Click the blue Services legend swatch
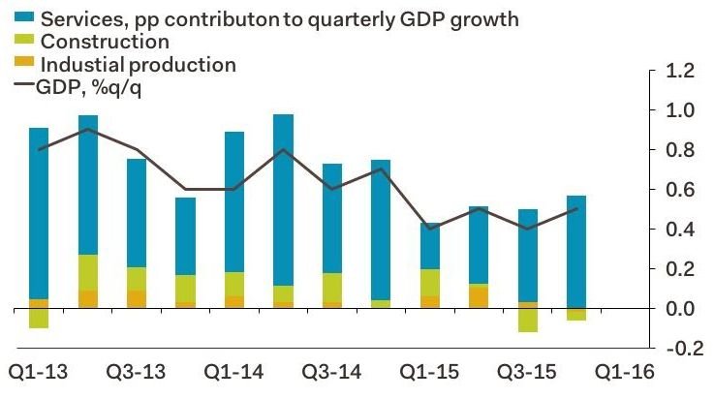click(x=20, y=18)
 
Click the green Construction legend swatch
click(x=20, y=42)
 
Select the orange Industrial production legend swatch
click(x=20, y=64)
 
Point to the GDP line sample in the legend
click(x=20, y=87)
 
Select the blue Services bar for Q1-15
click(x=430, y=246)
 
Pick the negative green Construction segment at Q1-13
click(x=39, y=319)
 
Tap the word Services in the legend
click(x=78, y=18)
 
